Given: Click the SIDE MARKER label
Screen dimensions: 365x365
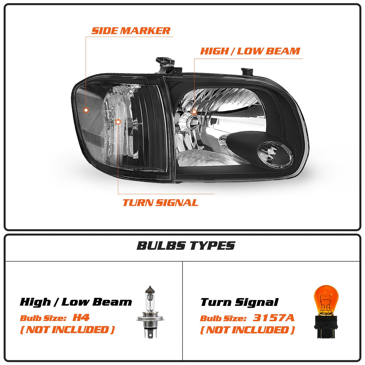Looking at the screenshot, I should click(x=131, y=31).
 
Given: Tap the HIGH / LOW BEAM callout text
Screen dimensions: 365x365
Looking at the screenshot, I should click(x=250, y=51).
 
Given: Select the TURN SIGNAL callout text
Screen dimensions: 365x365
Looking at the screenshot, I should click(x=160, y=203).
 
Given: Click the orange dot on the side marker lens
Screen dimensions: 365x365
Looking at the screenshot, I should click(x=86, y=110).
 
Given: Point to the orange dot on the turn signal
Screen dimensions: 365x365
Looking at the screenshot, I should click(x=118, y=122).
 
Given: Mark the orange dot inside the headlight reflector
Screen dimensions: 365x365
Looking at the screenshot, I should click(x=194, y=112).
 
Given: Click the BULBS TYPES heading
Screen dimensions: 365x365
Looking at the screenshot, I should click(x=186, y=246).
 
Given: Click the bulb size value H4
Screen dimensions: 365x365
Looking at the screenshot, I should click(x=81, y=317).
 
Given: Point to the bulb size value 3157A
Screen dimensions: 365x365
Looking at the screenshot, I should click(x=274, y=318).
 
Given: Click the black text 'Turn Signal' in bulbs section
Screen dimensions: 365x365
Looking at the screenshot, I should click(x=239, y=302).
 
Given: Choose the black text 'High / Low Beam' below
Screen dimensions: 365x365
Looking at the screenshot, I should click(x=76, y=302).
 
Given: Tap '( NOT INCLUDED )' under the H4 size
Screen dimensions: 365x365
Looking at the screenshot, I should click(x=67, y=330).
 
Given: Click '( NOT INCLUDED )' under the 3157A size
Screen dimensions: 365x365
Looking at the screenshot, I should click(x=247, y=330).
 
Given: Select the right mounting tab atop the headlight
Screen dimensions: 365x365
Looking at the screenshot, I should click(x=247, y=71).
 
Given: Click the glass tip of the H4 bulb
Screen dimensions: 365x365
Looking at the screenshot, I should click(x=150, y=289).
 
